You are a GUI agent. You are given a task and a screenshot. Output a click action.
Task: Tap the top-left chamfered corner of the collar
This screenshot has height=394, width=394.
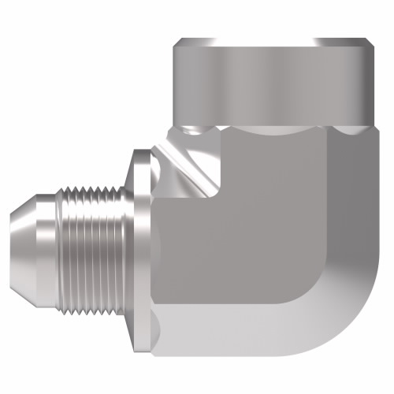coord(177,43)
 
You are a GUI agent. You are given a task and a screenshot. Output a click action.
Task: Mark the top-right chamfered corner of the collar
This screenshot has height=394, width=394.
coord(369,43)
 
